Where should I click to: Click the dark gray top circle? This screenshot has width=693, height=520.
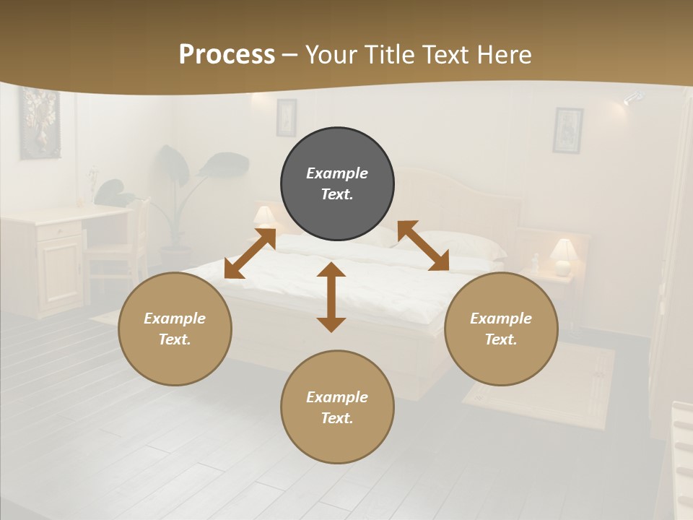coord(337,184)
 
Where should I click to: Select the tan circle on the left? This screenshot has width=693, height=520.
coord(175,329)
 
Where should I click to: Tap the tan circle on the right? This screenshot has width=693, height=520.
coord(501,329)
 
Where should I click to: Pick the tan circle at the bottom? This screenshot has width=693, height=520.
coord(337,407)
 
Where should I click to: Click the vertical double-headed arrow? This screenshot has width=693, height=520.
coord(331,298)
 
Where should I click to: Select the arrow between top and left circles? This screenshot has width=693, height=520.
coord(250,253)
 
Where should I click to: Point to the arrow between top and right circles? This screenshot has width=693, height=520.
coord(423,246)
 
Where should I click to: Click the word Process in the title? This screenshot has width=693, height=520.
coord(227,54)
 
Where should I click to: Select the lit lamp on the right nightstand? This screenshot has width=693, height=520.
coord(563,256)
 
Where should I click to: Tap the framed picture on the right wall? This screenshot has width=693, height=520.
coord(567,130)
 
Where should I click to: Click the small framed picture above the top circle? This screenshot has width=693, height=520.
coord(286,117)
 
